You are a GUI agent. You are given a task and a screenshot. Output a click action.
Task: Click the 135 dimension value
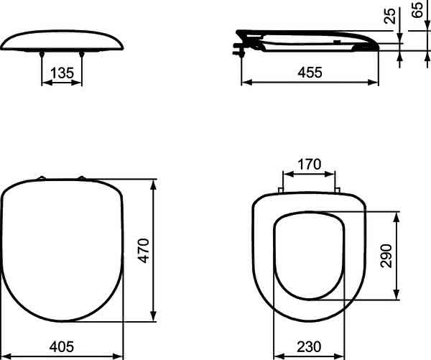[62, 73]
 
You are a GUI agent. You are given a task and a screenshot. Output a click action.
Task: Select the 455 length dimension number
[310, 73]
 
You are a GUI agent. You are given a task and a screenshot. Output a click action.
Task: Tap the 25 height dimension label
[390, 16]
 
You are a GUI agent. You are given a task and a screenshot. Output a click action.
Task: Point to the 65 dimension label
[417, 9]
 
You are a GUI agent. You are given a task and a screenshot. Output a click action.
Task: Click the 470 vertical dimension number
[144, 251]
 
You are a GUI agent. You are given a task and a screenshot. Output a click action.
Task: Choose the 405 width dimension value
[62, 346]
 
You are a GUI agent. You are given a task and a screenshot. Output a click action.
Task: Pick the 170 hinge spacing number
[309, 164]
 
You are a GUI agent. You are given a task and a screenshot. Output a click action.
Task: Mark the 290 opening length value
[386, 256]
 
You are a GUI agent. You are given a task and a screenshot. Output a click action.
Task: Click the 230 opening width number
[309, 346]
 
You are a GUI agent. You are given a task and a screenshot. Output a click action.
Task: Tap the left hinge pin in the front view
[42, 54]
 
